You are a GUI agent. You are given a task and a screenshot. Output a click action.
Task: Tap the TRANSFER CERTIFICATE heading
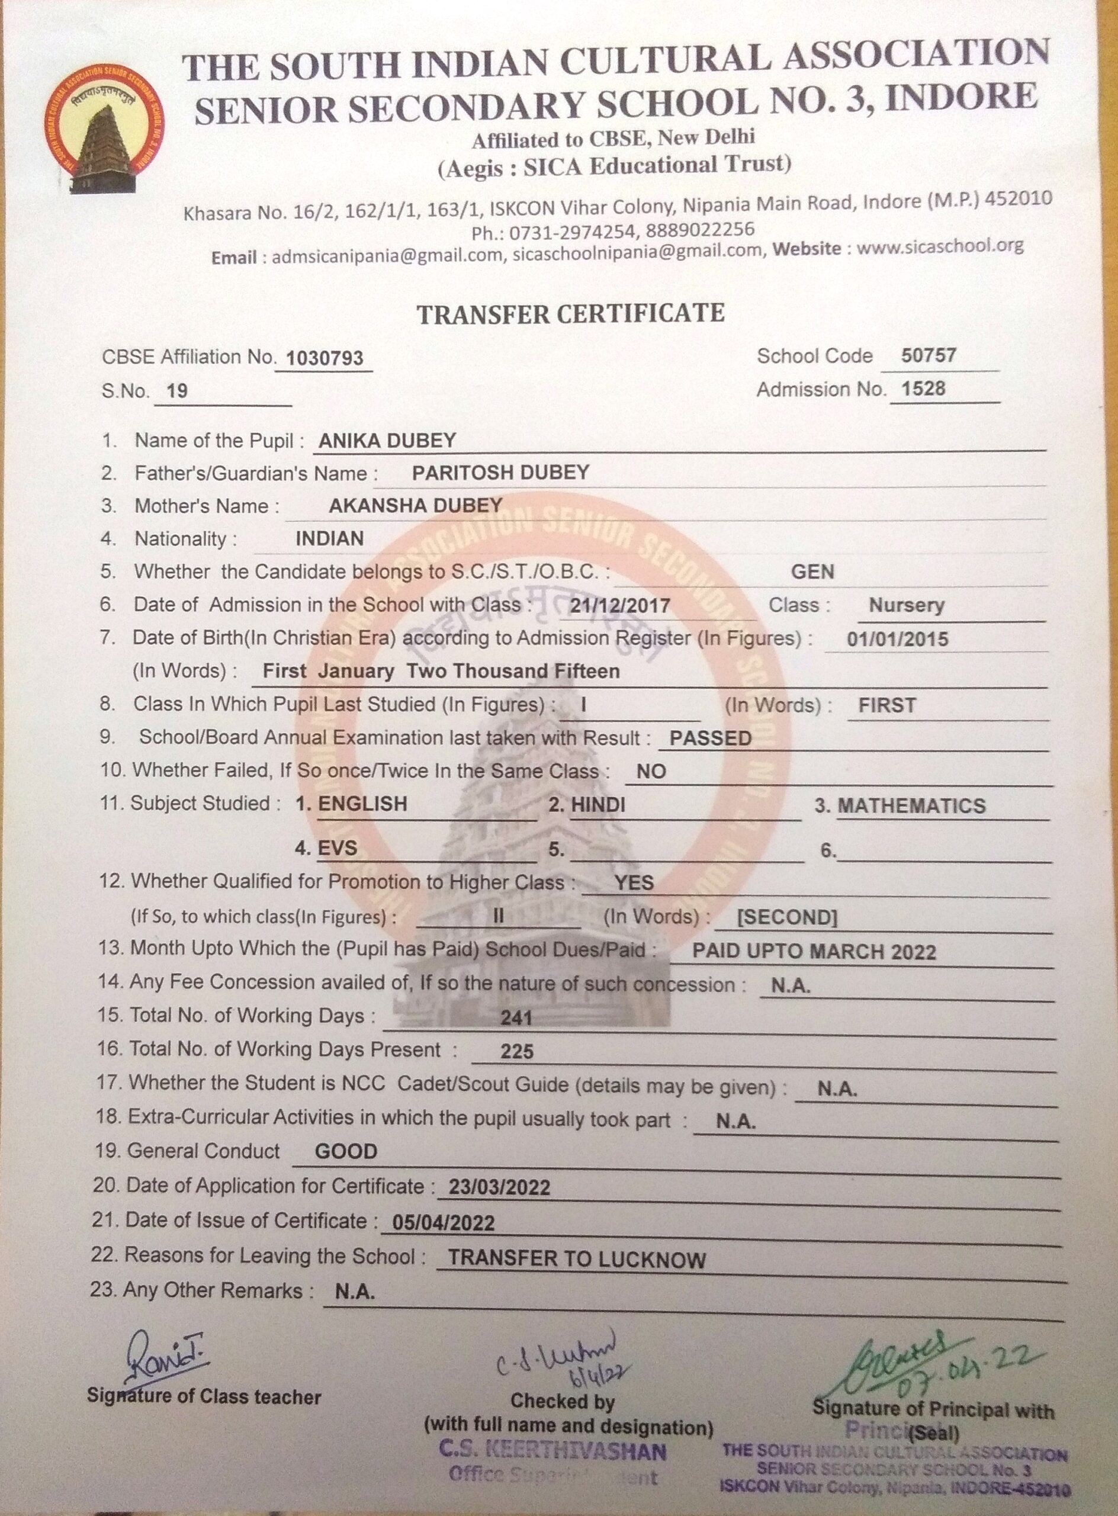570,313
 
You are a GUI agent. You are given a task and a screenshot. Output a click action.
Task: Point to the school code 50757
928,355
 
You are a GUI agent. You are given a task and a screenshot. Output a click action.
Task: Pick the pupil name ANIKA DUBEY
387,441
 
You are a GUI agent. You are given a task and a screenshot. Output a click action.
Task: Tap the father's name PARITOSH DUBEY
501,473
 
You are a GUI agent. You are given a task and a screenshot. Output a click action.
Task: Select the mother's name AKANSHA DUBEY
415,505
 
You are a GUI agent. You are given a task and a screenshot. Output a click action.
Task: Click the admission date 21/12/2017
619,605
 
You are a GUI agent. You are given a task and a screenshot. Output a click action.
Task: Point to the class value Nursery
906,605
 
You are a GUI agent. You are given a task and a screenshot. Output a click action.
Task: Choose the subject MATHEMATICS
911,806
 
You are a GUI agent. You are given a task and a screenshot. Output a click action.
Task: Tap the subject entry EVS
337,848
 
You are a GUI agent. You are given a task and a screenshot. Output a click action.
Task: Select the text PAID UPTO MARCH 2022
814,952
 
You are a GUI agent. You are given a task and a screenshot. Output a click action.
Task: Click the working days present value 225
517,1051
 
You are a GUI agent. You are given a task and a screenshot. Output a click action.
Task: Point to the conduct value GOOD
346,1151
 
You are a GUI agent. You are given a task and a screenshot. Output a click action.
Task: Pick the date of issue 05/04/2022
445,1222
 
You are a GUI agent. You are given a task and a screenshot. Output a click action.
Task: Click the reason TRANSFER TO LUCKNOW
577,1259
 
